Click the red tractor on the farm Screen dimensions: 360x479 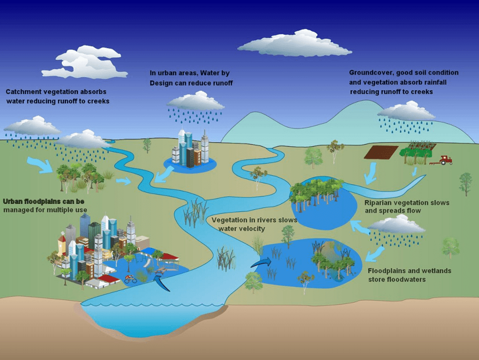click(x=446, y=160)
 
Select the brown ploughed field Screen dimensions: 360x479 click(x=381, y=152)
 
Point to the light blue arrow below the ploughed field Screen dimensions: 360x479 click(x=370, y=174)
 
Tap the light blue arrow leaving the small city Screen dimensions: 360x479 click(x=165, y=174)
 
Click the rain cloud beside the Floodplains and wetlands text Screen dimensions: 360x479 click(x=396, y=225)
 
